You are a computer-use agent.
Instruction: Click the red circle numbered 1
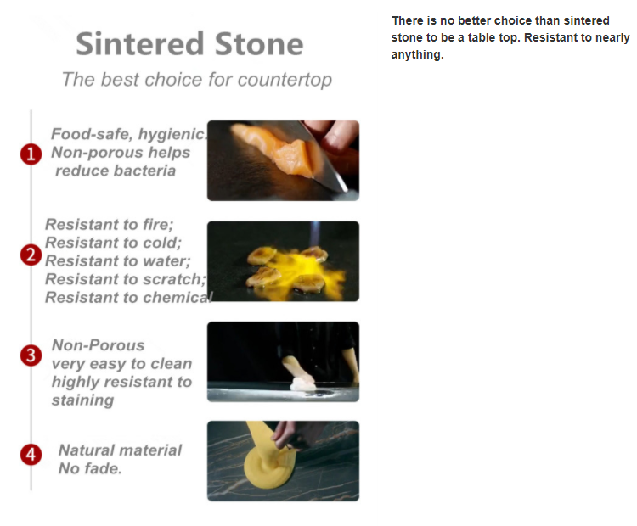(x=31, y=154)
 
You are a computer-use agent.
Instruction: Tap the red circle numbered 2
(x=31, y=255)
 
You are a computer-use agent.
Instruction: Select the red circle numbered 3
(x=31, y=355)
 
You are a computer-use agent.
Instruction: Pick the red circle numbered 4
(x=31, y=454)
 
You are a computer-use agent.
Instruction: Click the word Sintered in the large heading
(x=140, y=44)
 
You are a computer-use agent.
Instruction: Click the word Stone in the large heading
(x=259, y=44)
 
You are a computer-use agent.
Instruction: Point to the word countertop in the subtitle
(x=285, y=80)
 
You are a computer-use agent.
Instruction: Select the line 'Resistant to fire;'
(x=110, y=224)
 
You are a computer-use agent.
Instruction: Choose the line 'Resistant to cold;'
(x=113, y=243)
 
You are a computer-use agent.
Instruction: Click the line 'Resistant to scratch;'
(x=126, y=279)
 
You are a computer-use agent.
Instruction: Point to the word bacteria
(x=116, y=171)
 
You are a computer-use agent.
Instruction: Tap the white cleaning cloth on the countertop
(x=303, y=383)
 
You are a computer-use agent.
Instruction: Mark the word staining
(x=82, y=400)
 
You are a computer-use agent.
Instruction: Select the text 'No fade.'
(x=90, y=468)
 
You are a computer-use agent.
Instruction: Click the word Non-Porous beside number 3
(x=98, y=345)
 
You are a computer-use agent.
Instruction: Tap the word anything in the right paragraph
(x=417, y=55)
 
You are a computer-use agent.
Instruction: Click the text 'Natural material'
(x=121, y=450)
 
